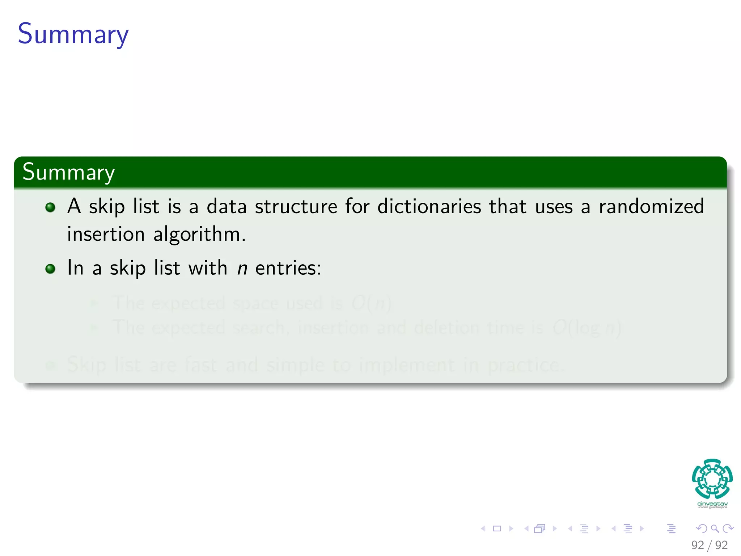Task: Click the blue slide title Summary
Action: tap(73, 34)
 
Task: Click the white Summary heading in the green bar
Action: tap(68, 172)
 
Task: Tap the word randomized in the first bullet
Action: tap(651, 207)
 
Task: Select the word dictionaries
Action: tap(429, 207)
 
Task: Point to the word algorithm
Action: tap(199, 235)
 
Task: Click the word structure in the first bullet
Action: tap(296, 207)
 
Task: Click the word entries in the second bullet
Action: tap(288, 269)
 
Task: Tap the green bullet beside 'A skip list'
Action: tap(50, 207)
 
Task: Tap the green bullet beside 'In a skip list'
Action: tap(50, 269)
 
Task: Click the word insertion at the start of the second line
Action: tap(106, 234)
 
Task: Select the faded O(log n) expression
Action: tap(587, 328)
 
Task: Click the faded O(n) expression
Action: tap(371, 303)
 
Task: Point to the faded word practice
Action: tap(526, 365)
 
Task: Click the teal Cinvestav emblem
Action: tap(712, 479)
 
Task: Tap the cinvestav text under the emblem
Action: tap(712, 504)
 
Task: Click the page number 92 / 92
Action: tap(709, 545)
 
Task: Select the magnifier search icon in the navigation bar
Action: tap(715, 529)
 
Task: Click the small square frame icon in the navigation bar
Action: tap(497, 529)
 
